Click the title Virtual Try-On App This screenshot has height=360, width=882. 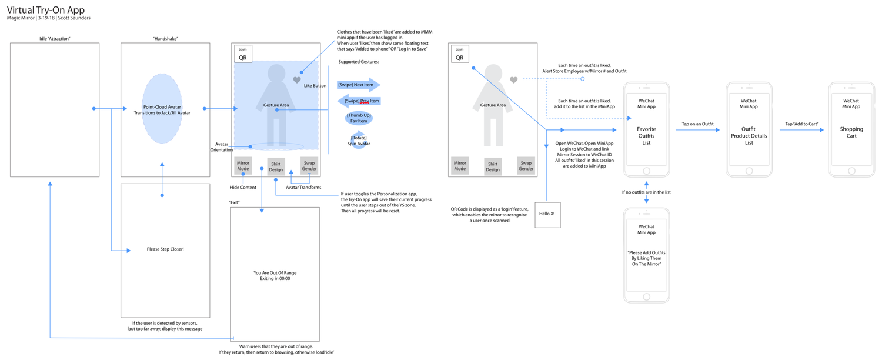[x=46, y=10]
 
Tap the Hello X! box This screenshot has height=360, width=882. [x=546, y=214]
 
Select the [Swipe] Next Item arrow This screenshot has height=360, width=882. [x=358, y=85]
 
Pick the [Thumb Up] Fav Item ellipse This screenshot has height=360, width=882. [x=359, y=118]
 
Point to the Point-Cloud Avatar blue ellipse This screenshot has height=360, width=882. [x=162, y=109]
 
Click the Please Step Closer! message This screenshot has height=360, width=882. [x=165, y=249]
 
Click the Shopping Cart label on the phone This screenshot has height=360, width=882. [x=851, y=132]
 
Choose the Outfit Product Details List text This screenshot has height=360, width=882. [x=749, y=136]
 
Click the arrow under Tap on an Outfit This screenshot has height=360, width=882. [x=697, y=130]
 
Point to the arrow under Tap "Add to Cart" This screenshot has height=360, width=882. [x=801, y=130]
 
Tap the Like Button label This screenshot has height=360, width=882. [x=315, y=86]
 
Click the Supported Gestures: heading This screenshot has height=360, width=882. [x=359, y=62]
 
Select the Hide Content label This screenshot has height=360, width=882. [x=243, y=188]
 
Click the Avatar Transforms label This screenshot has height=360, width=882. [x=303, y=188]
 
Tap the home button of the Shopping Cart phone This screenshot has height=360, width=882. [x=851, y=171]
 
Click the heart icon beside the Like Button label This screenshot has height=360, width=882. [x=297, y=80]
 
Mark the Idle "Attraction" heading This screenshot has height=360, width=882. [x=55, y=39]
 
